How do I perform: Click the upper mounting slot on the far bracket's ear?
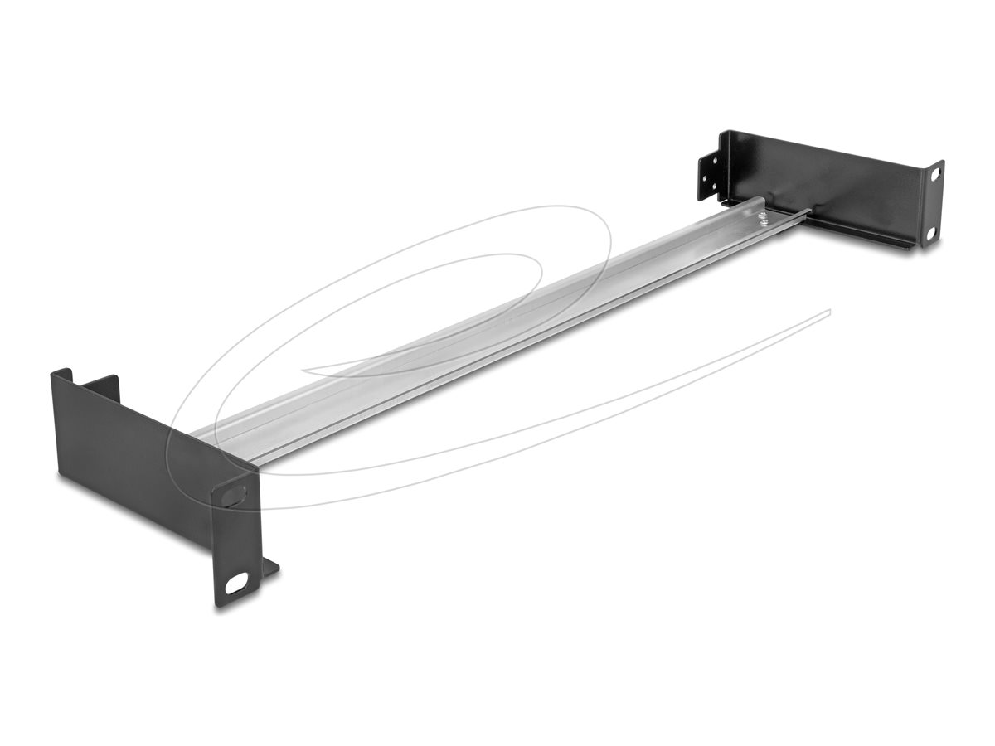[934, 174]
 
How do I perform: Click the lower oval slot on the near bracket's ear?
[238, 584]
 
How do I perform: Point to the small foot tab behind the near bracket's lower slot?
[269, 568]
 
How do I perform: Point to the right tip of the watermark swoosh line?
[828, 311]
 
